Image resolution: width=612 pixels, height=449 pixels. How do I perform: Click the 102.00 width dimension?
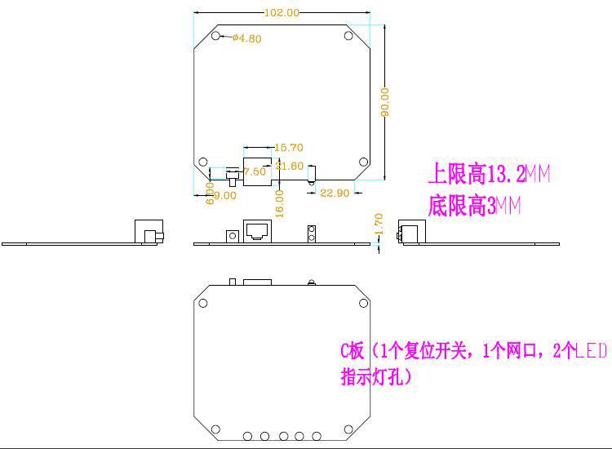(282, 12)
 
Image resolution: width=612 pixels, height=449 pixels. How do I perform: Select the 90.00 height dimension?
(384, 101)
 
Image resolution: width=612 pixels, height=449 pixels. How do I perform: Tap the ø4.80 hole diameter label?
(246, 38)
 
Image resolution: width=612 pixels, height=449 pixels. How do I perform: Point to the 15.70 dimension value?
(289, 148)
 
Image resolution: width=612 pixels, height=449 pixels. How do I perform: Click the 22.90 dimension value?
(335, 193)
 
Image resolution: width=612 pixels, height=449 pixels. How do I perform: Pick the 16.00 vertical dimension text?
(279, 202)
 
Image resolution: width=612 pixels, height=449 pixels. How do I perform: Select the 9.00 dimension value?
(224, 195)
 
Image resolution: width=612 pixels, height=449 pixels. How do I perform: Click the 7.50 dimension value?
(255, 171)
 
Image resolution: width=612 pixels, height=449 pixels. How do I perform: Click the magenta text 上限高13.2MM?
(489, 174)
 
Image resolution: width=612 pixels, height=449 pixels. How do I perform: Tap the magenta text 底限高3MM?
(474, 207)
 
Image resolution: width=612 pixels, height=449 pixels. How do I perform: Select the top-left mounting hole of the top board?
(215, 36)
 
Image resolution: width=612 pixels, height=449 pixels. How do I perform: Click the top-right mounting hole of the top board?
(348, 36)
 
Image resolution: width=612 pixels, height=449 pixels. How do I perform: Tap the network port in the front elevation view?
(258, 230)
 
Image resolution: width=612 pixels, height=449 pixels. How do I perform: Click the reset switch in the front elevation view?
(232, 236)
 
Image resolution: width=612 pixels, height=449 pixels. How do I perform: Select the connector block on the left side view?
(147, 231)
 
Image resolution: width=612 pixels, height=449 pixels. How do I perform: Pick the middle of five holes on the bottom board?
(282, 435)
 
